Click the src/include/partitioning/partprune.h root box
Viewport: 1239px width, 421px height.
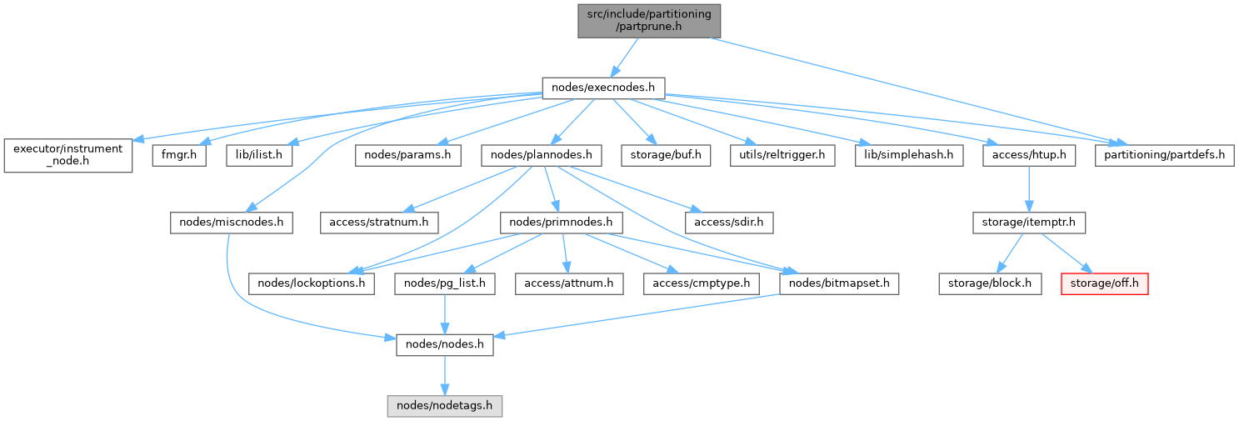click(x=650, y=20)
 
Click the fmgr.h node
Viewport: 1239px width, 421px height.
click(x=178, y=155)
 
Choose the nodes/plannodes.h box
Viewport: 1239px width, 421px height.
click(x=542, y=155)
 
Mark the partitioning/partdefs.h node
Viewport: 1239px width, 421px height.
click(x=1163, y=155)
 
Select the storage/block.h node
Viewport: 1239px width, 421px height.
click(x=990, y=283)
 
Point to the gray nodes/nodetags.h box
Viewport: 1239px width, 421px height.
click(x=445, y=407)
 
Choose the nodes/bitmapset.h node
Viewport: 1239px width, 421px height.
click(x=839, y=283)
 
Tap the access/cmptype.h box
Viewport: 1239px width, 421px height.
click(x=702, y=283)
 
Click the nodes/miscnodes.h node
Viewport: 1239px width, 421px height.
click(x=231, y=223)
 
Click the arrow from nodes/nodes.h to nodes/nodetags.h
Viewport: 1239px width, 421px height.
click(x=445, y=374)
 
